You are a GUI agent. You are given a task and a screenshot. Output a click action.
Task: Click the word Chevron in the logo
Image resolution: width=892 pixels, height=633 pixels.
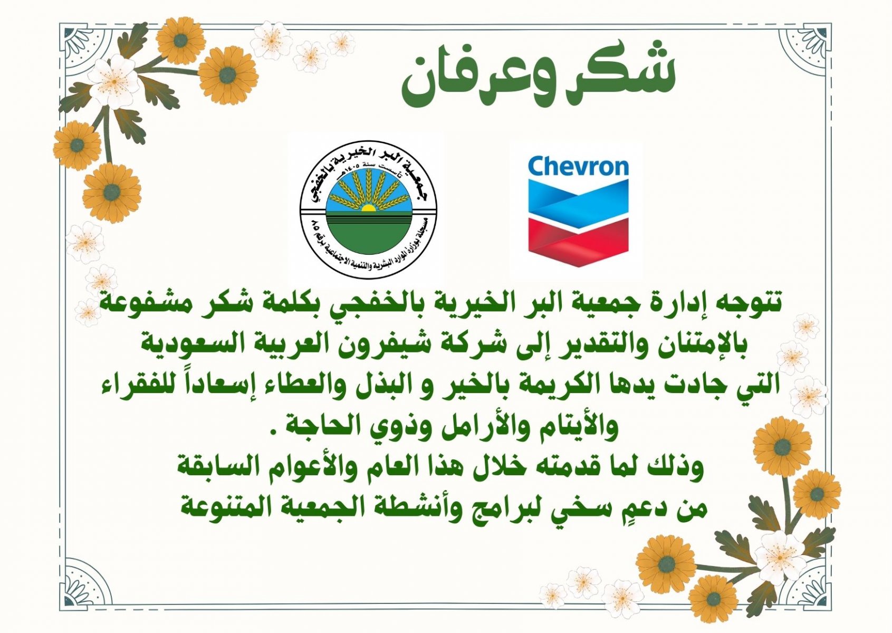578,166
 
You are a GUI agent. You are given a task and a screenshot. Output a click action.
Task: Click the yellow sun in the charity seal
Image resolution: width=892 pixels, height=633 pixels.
368,208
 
